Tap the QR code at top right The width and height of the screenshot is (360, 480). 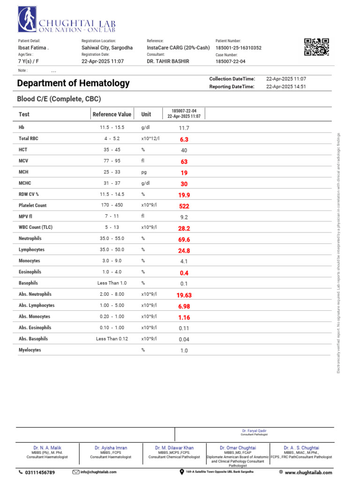click(316, 47)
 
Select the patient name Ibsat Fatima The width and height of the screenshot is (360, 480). click(33, 48)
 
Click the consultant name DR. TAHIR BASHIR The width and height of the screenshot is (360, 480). click(168, 61)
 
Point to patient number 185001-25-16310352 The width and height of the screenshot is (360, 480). click(238, 48)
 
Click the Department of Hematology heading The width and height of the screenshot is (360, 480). click(73, 83)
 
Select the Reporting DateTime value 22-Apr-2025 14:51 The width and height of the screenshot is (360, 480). click(286, 87)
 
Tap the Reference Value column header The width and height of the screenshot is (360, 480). click(112, 114)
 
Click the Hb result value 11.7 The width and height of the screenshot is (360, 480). click(184, 128)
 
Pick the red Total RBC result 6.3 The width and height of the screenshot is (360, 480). click(184, 139)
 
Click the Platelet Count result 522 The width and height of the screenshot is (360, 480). click(184, 206)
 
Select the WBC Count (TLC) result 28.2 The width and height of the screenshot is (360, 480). click(184, 228)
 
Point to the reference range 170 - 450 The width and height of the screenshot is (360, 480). click(112, 205)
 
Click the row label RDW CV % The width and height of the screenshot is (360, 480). click(29, 194)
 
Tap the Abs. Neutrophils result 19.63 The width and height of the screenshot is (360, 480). click(184, 295)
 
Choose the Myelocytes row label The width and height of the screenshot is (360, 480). click(30, 350)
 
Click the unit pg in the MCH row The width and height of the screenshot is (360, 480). click(144, 172)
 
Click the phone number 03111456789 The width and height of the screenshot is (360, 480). click(39, 472)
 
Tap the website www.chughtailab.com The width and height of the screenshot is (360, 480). click(308, 472)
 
